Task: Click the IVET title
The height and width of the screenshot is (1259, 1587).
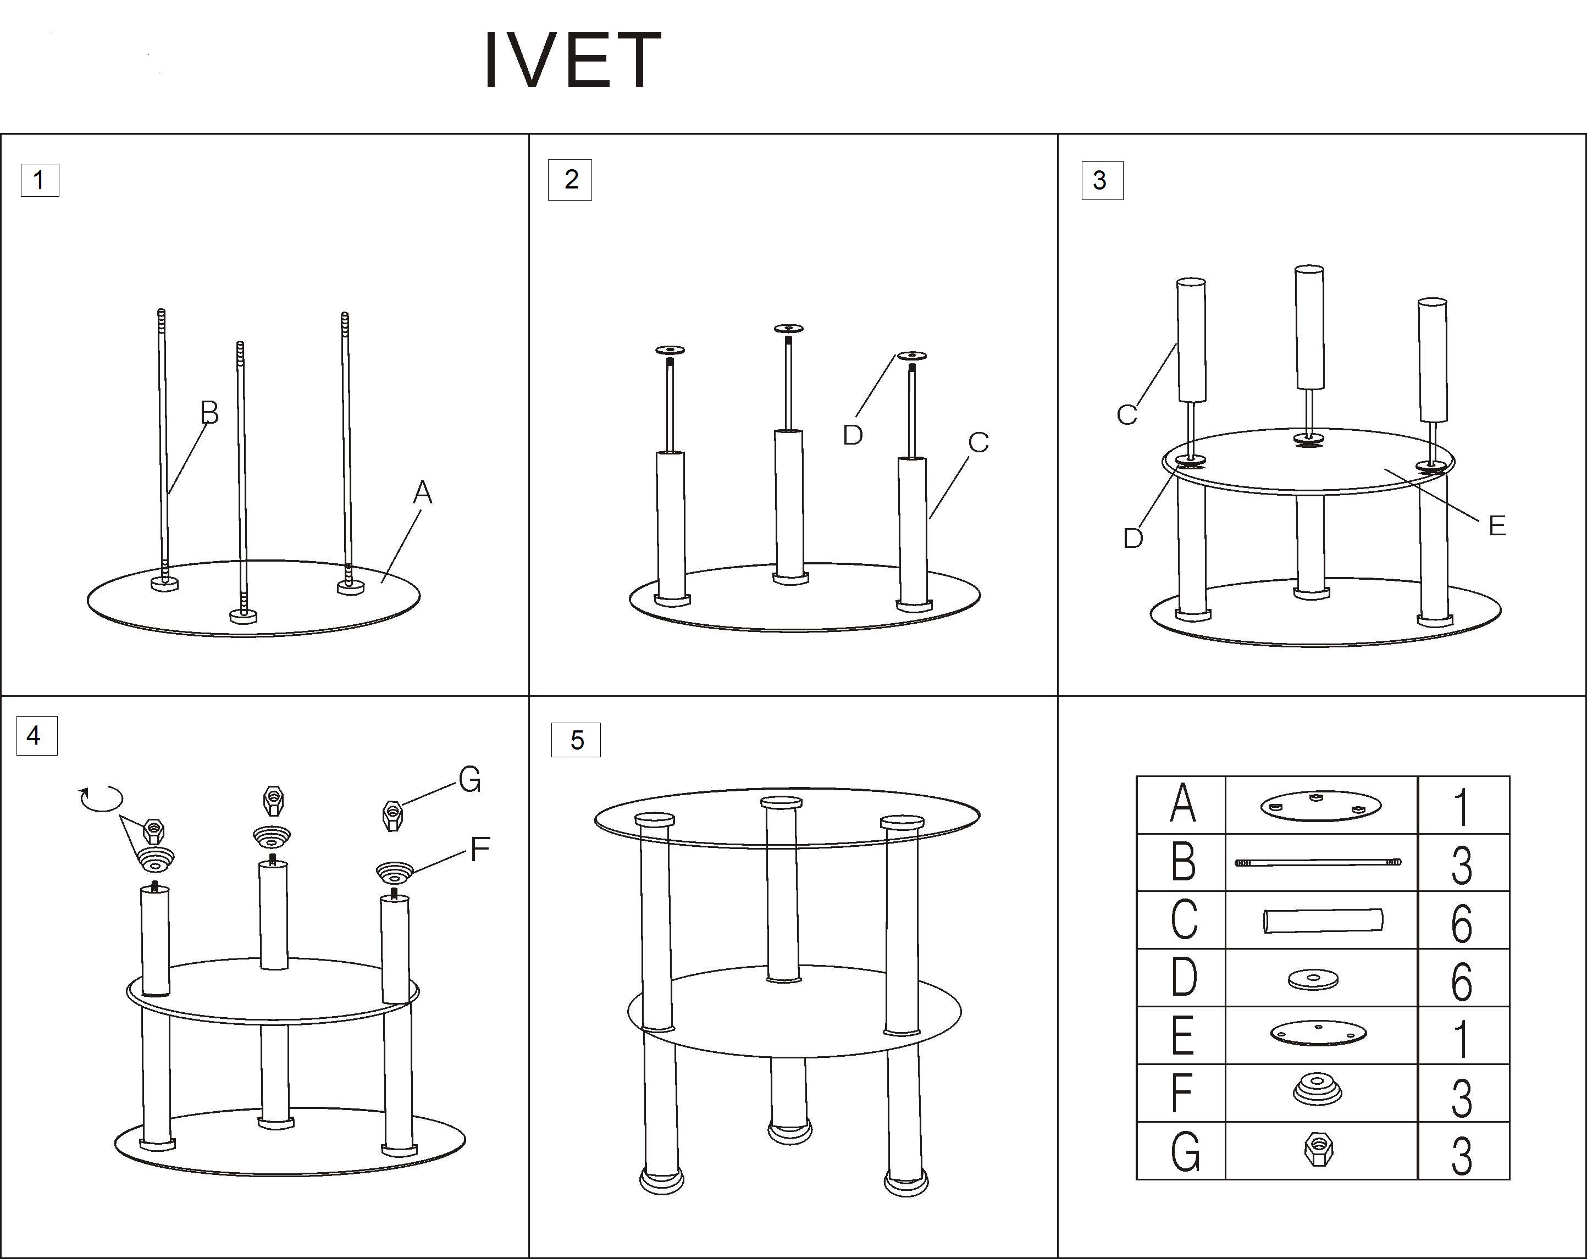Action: [573, 60]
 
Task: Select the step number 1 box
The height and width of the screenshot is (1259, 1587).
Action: [40, 180]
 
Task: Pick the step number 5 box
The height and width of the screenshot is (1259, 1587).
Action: [576, 740]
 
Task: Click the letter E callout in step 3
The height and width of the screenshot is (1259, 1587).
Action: [1496, 526]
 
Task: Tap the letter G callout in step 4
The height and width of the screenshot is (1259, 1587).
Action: [469, 780]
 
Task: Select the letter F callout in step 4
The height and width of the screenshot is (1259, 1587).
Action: [480, 850]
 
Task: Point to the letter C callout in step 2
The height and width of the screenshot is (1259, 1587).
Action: [978, 443]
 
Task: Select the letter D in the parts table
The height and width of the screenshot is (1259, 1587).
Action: [1183, 978]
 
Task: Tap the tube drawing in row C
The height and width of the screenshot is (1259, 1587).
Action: [1323, 920]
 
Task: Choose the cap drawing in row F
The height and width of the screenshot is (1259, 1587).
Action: [1317, 1089]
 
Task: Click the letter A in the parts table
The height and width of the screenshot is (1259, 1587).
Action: [1182, 805]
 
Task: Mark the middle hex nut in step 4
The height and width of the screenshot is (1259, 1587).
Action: [273, 801]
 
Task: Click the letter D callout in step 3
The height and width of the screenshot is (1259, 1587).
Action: [1133, 539]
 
